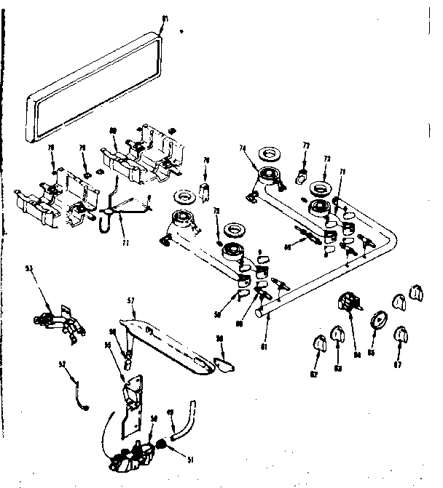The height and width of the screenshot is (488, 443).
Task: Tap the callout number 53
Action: click(x=30, y=270)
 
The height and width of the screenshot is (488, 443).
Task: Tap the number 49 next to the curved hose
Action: click(x=170, y=412)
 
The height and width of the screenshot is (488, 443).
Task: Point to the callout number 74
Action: click(x=243, y=148)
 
